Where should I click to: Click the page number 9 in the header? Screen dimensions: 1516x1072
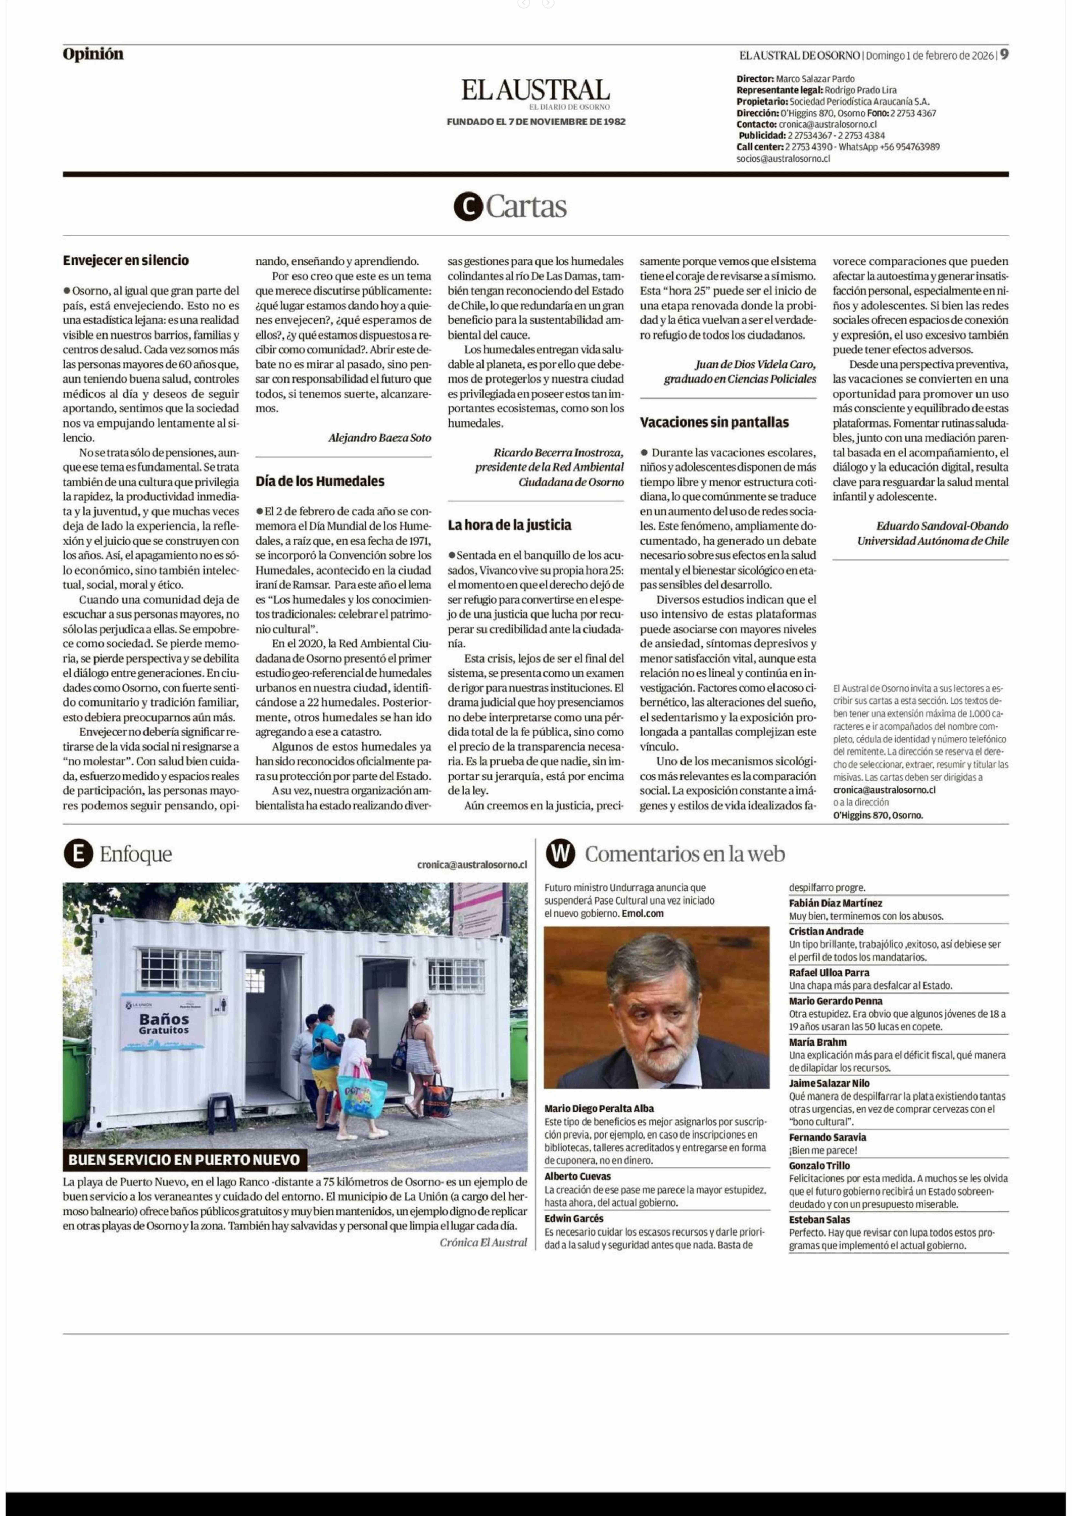click(x=1003, y=55)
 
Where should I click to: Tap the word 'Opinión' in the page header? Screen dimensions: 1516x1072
click(x=93, y=54)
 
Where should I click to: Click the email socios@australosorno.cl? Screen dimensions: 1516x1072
click(x=783, y=158)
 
